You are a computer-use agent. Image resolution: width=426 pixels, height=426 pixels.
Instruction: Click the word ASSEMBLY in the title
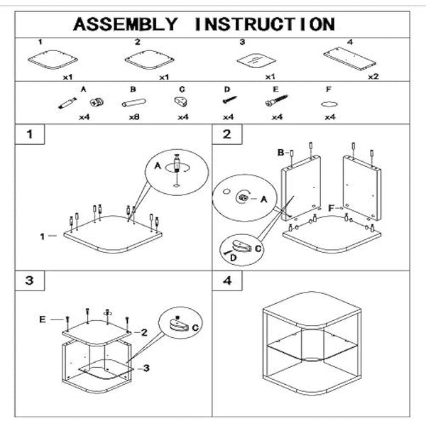[x=126, y=23]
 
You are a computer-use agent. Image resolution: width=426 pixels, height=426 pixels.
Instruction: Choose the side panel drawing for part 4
[x=349, y=58]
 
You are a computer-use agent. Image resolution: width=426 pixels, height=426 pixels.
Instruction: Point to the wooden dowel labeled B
[x=133, y=103]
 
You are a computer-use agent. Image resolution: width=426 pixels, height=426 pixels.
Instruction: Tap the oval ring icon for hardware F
[x=329, y=104]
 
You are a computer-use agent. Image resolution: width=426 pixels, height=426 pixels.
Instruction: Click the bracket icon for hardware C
[x=181, y=102]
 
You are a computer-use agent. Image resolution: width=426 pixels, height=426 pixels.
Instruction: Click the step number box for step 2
[x=227, y=134]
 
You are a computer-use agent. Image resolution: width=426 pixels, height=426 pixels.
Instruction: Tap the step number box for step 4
[x=227, y=280]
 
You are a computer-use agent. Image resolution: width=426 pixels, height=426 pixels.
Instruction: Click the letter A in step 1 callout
[x=158, y=165]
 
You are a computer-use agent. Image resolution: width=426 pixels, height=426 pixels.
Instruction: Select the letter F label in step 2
[x=331, y=207]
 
